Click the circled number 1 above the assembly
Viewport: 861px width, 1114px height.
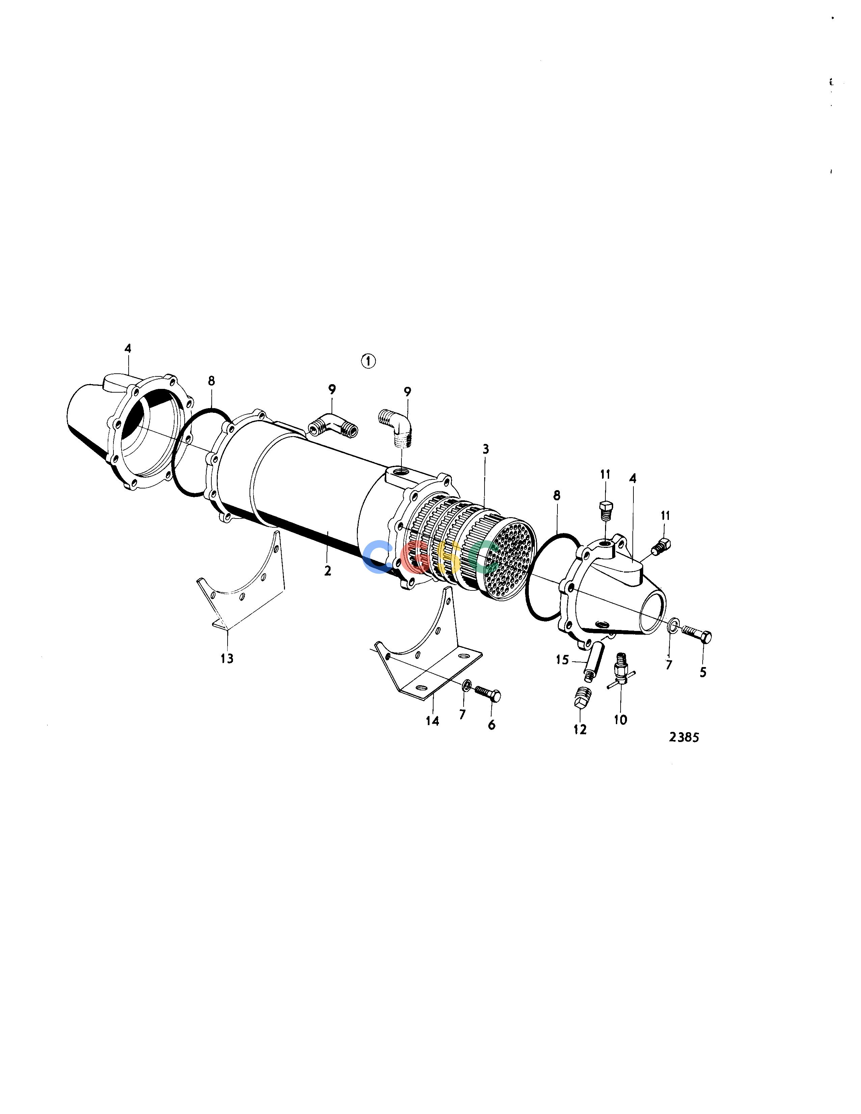(368, 361)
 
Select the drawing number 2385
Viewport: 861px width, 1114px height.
(684, 737)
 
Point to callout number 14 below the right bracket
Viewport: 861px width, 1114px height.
(433, 721)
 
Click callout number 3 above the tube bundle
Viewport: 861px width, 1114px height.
(486, 449)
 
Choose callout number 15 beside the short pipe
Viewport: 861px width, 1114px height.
(562, 660)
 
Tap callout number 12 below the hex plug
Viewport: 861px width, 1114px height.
(580, 730)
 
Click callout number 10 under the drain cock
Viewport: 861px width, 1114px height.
(620, 720)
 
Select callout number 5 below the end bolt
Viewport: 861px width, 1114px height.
(703, 672)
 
